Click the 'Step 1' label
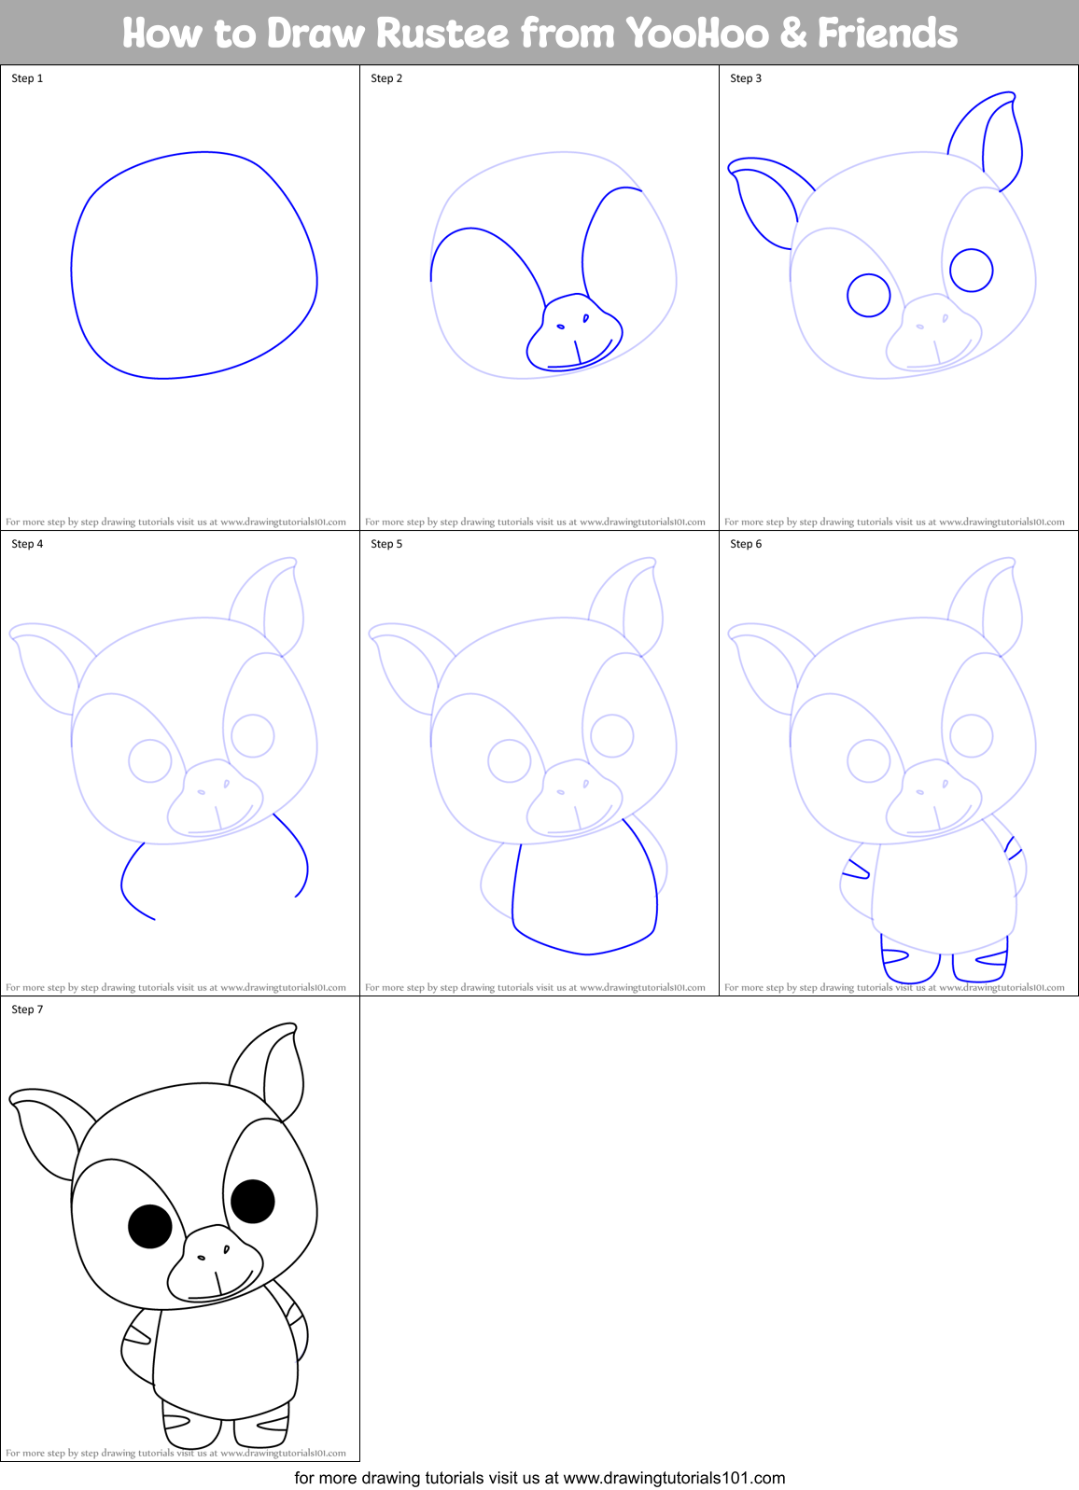pos(27,78)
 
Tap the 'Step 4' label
pos(27,544)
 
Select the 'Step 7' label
pos(27,1010)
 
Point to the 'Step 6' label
pos(746,544)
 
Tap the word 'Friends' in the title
pos(887,34)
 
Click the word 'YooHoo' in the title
pos(696,34)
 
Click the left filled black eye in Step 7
pos(150,1226)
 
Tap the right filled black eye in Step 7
pos(252,1201)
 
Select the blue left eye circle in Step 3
pos(869,296)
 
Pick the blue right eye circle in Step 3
pos(971,271)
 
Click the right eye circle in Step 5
pos(612,735)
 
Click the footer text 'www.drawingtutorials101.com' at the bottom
pos(674,1478)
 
